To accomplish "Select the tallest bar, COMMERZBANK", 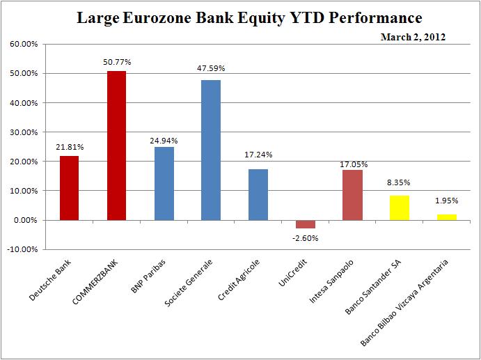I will click(116, 146).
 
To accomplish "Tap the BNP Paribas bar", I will click(164, 183).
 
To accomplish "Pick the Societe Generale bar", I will click(210, 150).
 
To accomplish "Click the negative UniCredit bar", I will click(305, 224).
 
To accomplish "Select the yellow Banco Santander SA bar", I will click(399, 208).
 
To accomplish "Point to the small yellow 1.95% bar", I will click(446, 217).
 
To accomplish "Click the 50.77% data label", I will click(116, 62).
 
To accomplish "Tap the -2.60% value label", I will click(305, 237).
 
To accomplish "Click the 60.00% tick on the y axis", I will click(24, 44).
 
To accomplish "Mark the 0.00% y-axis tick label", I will click(26, 220).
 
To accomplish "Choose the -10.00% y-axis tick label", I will click(24, 249).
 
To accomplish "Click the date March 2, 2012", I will click(413, 36).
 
